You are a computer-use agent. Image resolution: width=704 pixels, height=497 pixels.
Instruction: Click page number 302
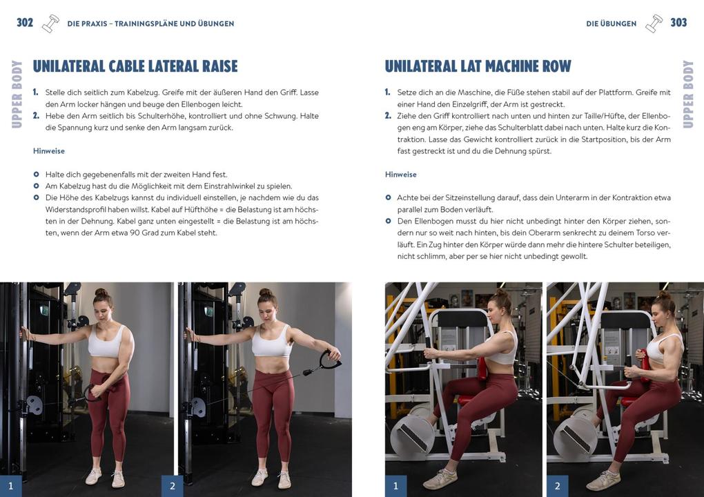point(25,23)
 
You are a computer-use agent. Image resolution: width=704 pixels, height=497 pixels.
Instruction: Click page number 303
point(678,23)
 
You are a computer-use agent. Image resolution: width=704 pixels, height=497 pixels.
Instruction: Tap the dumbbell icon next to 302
point(50,23)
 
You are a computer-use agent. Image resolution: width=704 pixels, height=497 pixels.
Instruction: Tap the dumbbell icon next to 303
point(654,23)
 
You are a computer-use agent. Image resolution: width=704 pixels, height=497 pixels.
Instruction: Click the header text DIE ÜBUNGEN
point(611,23)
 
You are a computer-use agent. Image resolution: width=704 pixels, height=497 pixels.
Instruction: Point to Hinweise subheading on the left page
point(48,150)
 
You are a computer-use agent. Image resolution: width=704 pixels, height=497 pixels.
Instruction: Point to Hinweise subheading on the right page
point(400,175)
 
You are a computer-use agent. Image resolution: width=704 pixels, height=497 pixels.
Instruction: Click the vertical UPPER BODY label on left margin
point(17,94)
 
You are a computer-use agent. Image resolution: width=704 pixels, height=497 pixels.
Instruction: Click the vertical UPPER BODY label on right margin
point(687,94)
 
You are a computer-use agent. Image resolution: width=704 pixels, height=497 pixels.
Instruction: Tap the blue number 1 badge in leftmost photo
point(10,485)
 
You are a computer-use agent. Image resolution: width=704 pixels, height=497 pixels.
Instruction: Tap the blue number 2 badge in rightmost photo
point(558,485)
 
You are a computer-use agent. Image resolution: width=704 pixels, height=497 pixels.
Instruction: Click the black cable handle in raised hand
point(330,362)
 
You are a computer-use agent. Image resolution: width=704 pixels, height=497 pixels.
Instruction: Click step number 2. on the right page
point(388,115)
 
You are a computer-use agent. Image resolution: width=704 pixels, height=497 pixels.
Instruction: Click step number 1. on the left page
point(36,92)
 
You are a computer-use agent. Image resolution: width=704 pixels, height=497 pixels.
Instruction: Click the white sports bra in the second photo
point(271,343)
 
